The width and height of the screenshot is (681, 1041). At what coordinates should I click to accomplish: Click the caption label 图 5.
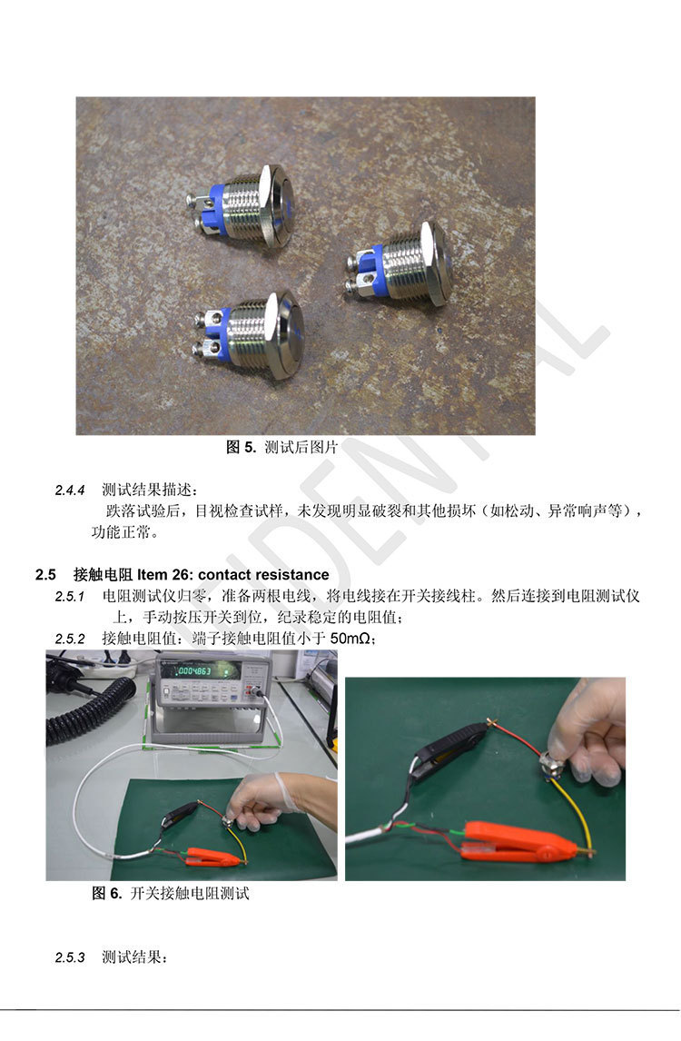point(241,447)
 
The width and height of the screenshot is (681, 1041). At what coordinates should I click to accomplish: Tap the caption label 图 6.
point(107,893)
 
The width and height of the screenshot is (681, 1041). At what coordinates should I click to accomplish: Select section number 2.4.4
point(70,491)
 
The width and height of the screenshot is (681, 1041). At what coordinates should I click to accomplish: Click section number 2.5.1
point(70,597)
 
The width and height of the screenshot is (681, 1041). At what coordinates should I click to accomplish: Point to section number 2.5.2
point(70,639)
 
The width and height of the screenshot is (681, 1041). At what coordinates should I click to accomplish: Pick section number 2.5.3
point(70,958)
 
